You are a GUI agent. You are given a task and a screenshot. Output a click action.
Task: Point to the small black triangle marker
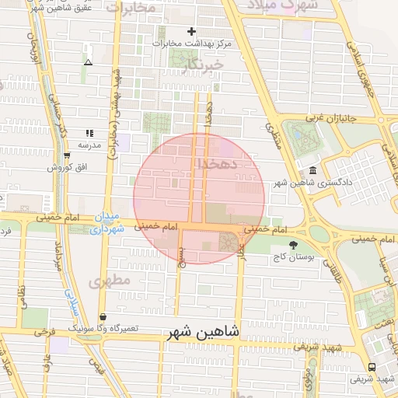click(x=88, y=62)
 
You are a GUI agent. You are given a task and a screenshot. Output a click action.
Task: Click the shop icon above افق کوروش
click(x=68, y=155)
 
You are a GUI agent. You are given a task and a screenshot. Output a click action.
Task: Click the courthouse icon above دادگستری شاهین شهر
click(x=312, y=171)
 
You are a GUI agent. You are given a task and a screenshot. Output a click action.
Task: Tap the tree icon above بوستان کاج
click(x=293, y=244)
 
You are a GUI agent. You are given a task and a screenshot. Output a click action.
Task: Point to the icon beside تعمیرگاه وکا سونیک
click(x=103, y=317)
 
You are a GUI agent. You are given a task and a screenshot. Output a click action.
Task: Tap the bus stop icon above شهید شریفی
click(x=372, y=367)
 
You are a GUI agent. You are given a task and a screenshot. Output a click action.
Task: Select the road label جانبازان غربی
click(x=323, y=118)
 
